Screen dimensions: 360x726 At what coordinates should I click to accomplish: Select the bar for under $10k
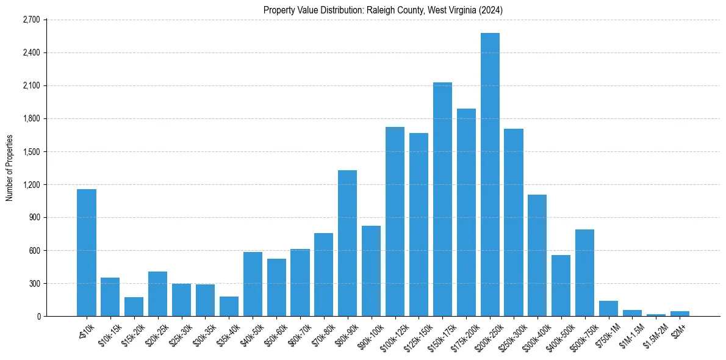87,253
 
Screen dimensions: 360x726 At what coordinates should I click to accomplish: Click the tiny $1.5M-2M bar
656,315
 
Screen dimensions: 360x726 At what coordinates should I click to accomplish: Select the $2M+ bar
680,314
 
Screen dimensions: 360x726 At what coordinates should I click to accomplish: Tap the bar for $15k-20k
134,306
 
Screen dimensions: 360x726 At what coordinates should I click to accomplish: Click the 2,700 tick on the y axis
31,20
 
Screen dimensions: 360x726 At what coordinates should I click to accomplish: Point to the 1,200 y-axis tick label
31,184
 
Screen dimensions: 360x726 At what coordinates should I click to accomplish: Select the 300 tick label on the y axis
34,283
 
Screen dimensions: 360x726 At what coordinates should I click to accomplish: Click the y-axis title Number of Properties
10,167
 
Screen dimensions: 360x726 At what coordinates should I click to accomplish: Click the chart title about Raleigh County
383,10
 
